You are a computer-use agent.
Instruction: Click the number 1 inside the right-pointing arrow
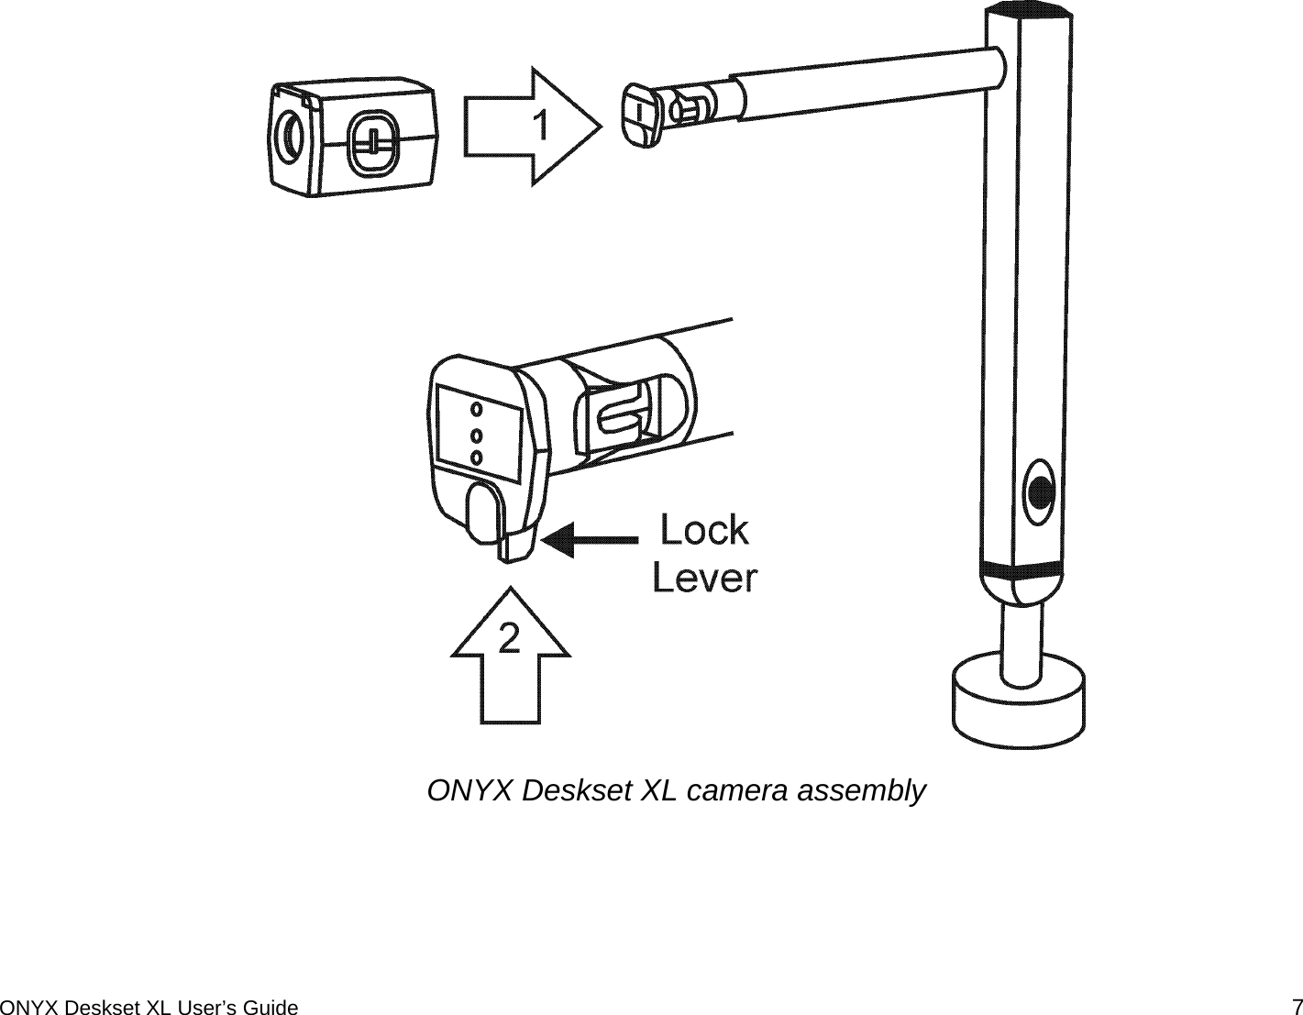542,126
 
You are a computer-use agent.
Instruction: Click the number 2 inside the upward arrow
509,638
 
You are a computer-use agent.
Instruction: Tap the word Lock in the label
704,530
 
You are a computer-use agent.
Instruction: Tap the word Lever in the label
704,579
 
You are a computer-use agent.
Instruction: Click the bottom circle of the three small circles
476,456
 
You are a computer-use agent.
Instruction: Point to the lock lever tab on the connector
514,546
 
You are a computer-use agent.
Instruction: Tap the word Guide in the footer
274,1008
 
